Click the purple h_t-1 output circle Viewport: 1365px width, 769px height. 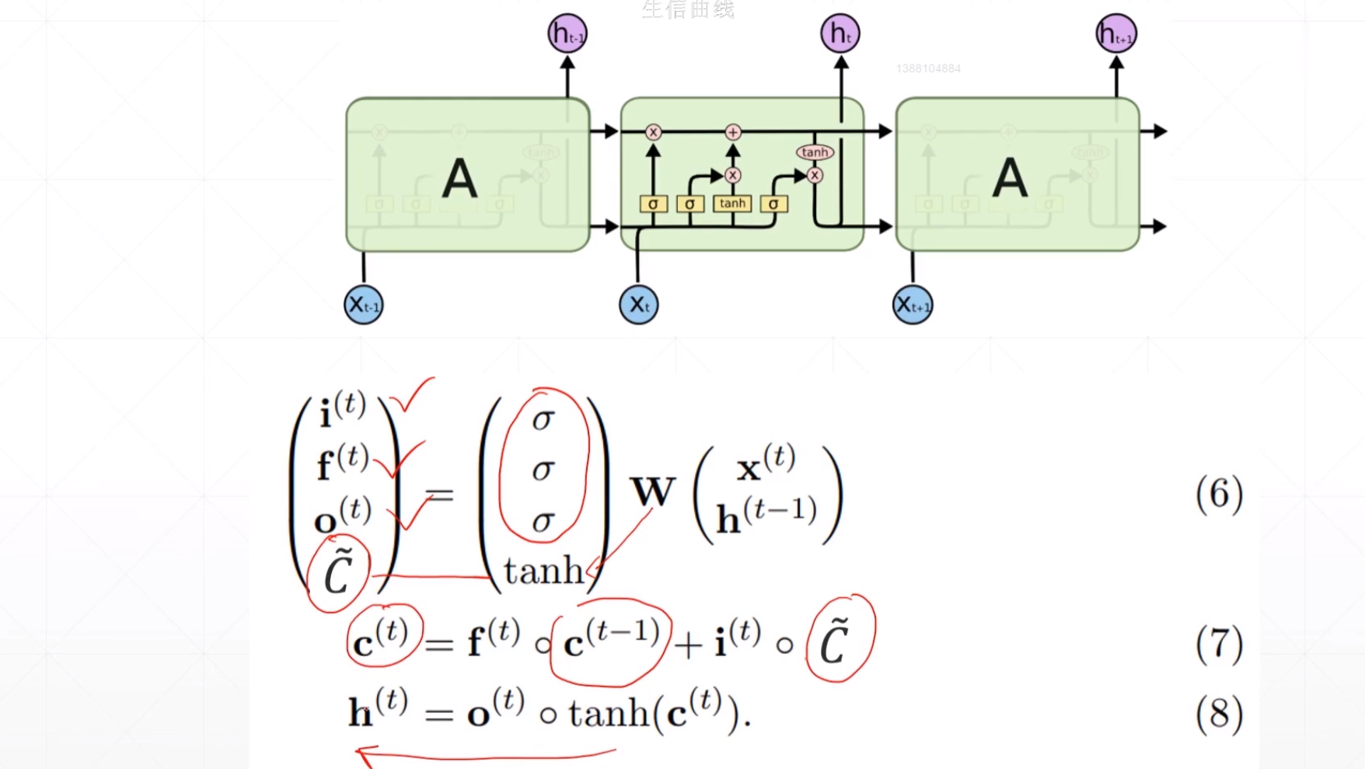(567, 34)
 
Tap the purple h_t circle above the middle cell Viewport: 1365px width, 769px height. (840, 34)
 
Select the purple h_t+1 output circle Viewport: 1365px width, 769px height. (1116, 34)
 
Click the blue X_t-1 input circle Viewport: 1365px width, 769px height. (363, 305)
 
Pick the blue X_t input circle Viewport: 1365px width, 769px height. (638, 305)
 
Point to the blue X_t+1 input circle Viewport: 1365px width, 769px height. (913, 305)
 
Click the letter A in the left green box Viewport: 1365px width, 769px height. (459, 179)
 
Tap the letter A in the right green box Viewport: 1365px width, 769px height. (1010, 179)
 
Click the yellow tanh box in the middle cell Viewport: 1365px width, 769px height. (732, 204)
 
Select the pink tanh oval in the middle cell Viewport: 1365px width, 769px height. (815, 152)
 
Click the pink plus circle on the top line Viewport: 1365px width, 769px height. (732, 132)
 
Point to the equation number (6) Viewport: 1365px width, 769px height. (1219, 494)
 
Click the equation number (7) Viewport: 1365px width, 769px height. (1219, 644)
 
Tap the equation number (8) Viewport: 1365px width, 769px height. (1219, 714)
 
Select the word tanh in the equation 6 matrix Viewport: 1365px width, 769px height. (543, 572)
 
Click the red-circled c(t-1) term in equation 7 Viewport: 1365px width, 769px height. (611, 642)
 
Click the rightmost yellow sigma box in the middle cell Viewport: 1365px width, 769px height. (773, 204)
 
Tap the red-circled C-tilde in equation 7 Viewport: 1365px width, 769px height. (836, 642)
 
